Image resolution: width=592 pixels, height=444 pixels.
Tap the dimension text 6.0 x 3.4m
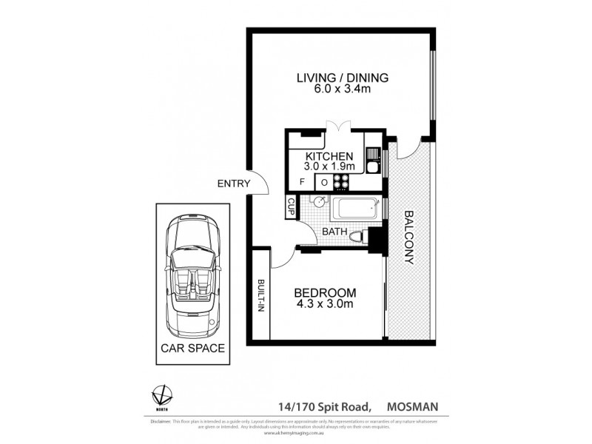click(342, 90)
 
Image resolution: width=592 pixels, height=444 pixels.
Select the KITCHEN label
click(329, 156)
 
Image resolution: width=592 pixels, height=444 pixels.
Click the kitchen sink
click(374, 159)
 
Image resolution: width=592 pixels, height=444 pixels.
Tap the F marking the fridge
click(302, 182)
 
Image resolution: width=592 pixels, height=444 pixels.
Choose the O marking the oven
click(323, 182)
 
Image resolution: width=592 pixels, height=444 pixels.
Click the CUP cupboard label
click(291, 207)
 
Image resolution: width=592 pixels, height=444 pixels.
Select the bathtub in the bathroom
click(355, 209)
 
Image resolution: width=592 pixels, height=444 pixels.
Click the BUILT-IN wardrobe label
click(261, 296)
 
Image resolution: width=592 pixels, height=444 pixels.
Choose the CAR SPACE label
click(190, 348)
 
